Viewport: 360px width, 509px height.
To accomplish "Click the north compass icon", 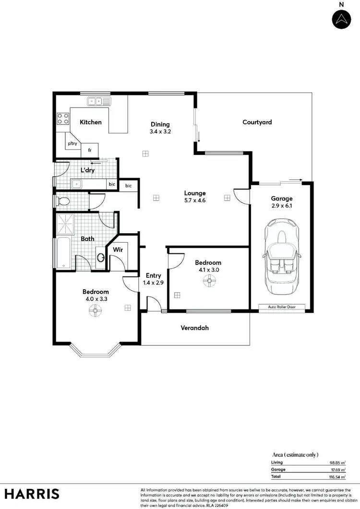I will click(341, 19).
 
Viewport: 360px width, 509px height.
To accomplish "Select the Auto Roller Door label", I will click(281, 307).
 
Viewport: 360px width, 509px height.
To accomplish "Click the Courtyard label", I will click(257, 122).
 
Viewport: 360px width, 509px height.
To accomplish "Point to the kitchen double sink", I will click(98, 101).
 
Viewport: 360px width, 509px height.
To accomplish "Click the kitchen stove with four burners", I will click(63, 118).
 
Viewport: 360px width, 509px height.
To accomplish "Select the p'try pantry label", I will click(72, 143).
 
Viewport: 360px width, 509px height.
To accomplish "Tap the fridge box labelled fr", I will click(90, 150).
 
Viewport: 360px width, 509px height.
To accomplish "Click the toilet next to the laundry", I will click(63, 201).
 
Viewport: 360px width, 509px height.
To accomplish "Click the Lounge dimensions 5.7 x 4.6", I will click(195, 201).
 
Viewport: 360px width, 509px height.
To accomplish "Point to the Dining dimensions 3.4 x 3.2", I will click(160, 130).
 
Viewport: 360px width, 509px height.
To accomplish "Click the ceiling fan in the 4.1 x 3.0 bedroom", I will click(208, 283).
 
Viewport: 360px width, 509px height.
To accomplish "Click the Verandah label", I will click(194, 328).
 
